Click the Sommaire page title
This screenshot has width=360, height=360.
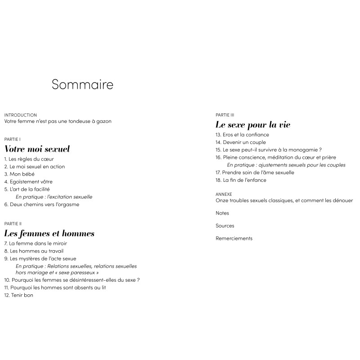tap(82, 85)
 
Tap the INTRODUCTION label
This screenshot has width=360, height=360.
tap(20, 115)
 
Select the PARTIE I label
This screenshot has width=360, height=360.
tap(12, 139)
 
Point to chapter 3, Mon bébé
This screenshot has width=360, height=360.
tap(19, 174)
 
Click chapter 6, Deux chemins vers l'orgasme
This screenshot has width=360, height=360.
tap(41, 205)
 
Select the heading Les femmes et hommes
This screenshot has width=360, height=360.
tap(49, 234)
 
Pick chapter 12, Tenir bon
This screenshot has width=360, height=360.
tap(19, 295)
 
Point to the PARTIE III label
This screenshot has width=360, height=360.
tap(225, 115)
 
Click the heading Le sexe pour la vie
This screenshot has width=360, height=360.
tap(253, 125)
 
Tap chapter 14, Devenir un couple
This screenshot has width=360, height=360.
tap(241, 142)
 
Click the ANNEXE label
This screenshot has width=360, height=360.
tap(224, 194)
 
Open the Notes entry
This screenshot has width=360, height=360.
tap(222, 213)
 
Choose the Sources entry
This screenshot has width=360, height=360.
tap(225, 226)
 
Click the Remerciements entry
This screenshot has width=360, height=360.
tap(234, 238)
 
